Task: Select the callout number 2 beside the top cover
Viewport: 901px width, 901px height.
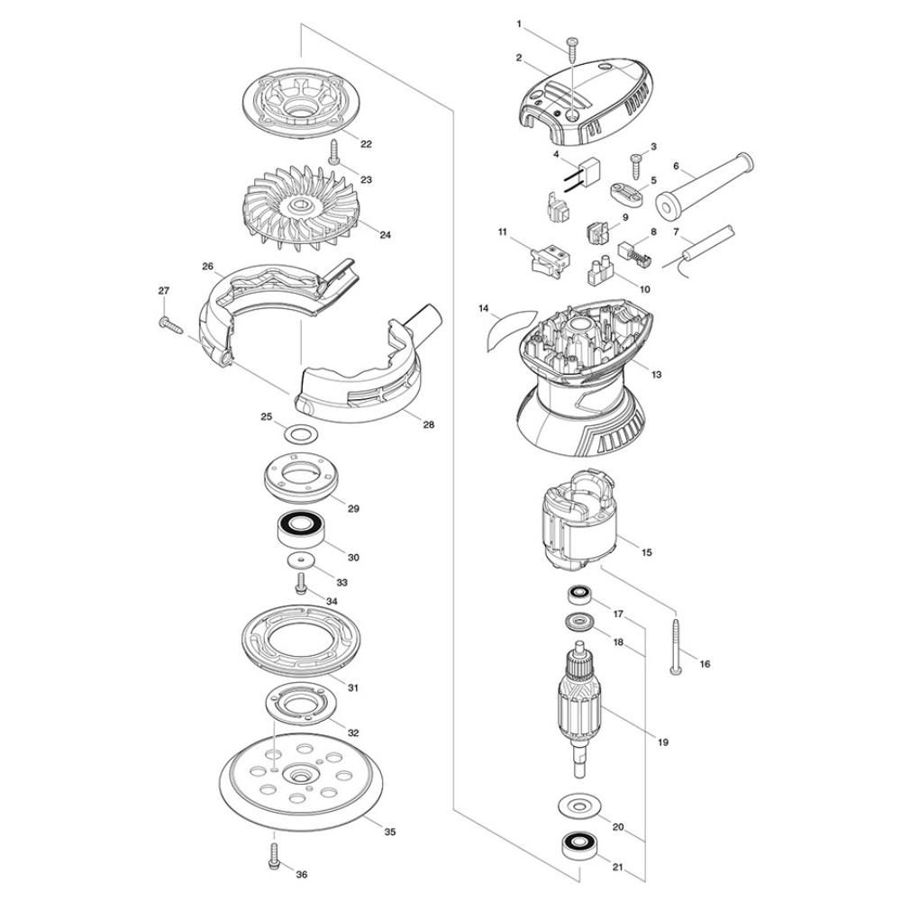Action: (x=519, y=58)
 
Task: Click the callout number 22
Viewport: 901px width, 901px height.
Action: (x=366, y=143)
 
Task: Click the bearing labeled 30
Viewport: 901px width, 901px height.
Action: (x=299, y=529)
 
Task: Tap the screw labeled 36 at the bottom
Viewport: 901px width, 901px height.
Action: (x=274, y=856)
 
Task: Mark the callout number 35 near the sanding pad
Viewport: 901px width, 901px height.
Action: (x=389, y=832)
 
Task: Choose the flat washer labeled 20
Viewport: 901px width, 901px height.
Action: (x=578, y=805)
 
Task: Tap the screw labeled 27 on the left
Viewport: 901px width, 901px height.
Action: (x=170, y=325)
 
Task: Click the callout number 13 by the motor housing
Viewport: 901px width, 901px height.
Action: (x=656, y=374)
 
